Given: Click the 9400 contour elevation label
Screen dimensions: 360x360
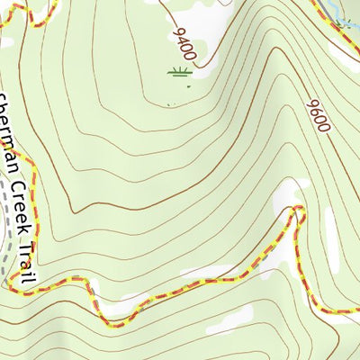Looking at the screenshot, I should click(184, 44).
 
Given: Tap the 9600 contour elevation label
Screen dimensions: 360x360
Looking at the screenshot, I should click(318, 114).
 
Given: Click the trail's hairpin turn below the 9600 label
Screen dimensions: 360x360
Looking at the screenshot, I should click(298, 212).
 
